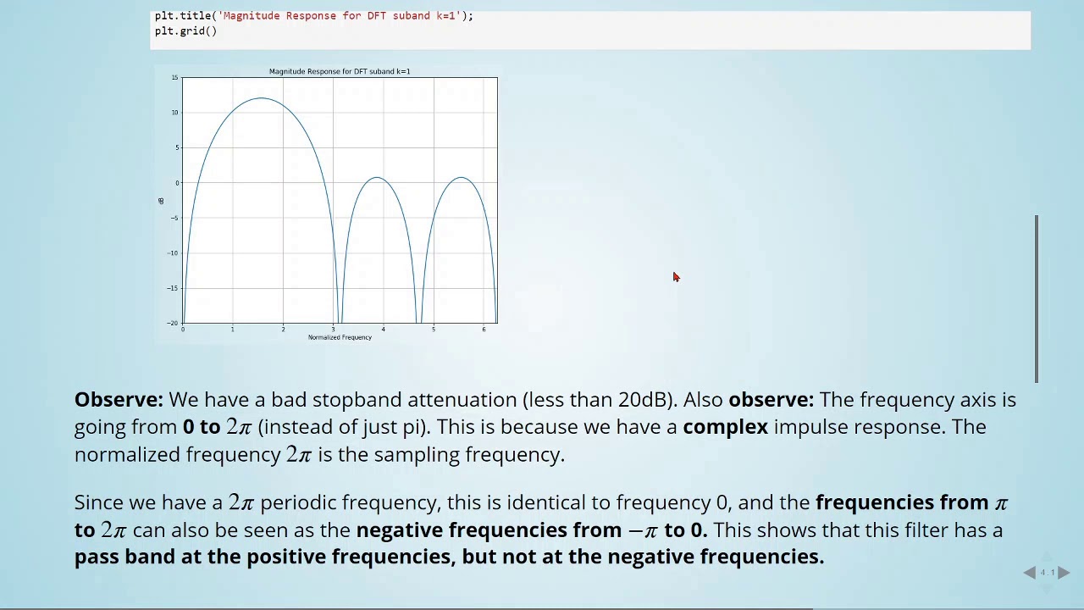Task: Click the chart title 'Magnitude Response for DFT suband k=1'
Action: pos(340,71)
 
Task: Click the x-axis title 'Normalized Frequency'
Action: pos(340,337)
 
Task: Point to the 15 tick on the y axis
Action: pos(175,78)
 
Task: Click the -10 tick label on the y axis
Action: pos(174,253)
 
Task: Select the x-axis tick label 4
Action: pos(383,330)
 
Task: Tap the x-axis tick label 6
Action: pos(484,330)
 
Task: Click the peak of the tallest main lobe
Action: pos(262,98)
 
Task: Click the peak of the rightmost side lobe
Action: pos(462,177)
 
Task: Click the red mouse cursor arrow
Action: pos(676,277)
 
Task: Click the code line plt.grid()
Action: pos(185,31)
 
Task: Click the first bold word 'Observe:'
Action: pos(118,400)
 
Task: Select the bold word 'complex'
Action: pos(725,427)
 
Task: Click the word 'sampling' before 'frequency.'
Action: pos(411,455)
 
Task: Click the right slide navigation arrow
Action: pos(1064,573)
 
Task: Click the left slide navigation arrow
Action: pos(1029,573)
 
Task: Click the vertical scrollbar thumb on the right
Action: pos(1036,298)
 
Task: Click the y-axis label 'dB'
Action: pos(160,201)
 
